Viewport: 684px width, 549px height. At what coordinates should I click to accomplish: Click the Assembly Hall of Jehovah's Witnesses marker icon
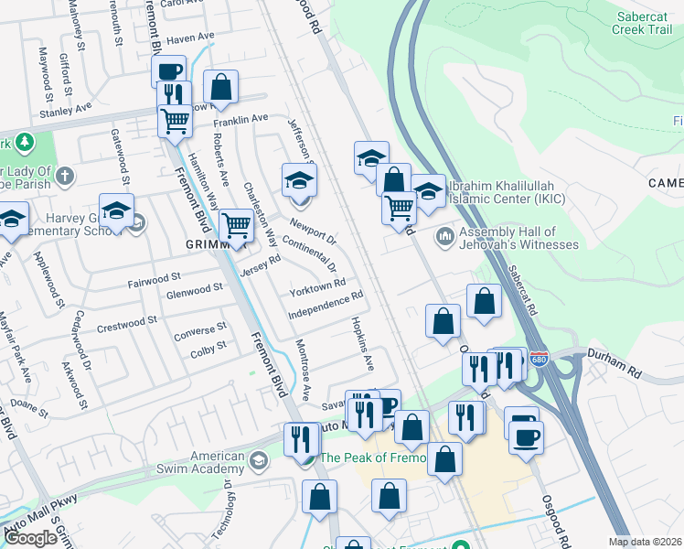445,236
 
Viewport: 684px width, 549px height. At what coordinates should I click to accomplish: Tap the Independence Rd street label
326,307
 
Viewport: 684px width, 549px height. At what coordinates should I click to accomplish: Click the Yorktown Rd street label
317,289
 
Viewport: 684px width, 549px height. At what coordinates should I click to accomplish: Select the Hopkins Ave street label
362,344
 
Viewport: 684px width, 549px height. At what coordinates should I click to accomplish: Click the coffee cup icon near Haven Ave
169,70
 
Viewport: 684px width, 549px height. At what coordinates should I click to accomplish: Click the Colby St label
208,348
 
